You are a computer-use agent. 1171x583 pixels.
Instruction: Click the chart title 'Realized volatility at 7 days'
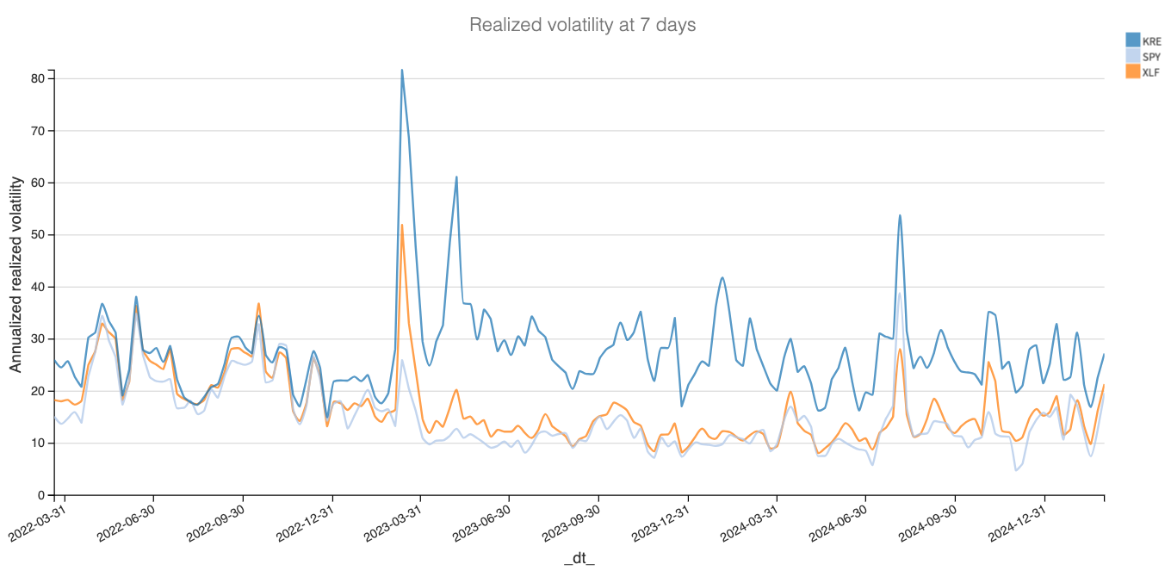[582, 25]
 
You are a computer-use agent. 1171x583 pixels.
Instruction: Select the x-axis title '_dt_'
[579, 559]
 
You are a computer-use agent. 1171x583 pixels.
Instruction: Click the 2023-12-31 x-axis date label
[656, 525]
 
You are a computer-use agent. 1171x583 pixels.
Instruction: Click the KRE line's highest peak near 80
[402, 71]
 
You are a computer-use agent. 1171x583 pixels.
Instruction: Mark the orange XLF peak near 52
[402, 225]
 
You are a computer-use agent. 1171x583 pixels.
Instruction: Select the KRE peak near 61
[456, 177]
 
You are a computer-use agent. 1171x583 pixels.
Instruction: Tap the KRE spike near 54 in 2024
[900, 215]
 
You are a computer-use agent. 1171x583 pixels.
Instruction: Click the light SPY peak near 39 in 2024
[900, 293]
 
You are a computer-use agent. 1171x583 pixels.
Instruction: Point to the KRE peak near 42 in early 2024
[722, 277]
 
